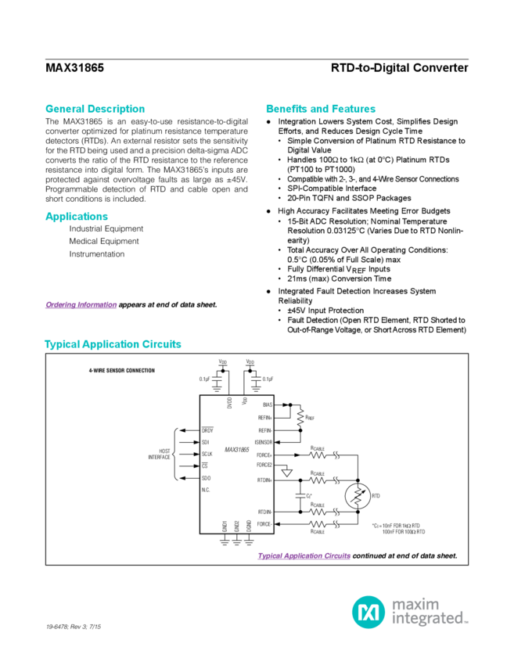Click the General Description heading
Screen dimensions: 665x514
click(95, 108)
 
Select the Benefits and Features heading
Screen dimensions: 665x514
click(321, 108)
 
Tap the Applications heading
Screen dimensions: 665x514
click(76, 216)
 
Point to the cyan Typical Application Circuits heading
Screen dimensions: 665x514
click(113, 344)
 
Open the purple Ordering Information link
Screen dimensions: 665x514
click(81, 304)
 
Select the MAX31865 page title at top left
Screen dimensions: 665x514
click(75, 68)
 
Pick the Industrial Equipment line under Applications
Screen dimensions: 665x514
click(106, 228)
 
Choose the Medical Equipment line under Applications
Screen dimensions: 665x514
click(104, 241)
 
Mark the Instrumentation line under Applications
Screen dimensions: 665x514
click(97, 253)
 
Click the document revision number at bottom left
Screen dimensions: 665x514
click(75, 627)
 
